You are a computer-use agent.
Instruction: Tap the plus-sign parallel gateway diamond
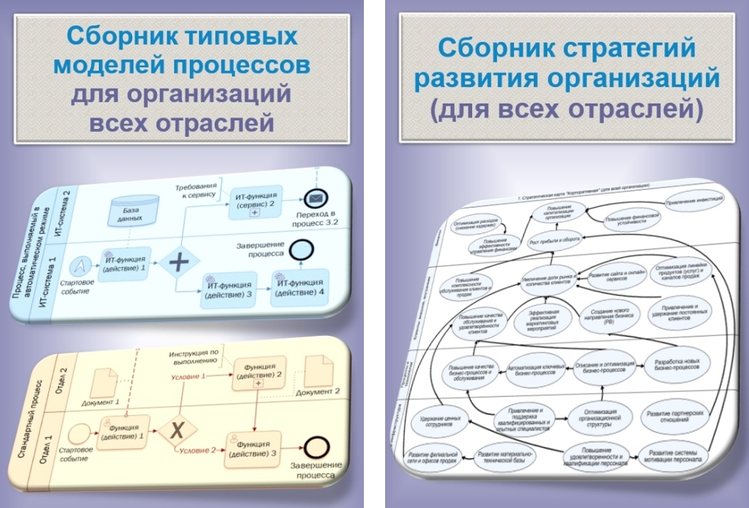click(179, 262)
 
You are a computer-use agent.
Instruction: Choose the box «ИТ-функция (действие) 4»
click(300, 287)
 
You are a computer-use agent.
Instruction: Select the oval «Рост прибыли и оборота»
click(553, 240)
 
